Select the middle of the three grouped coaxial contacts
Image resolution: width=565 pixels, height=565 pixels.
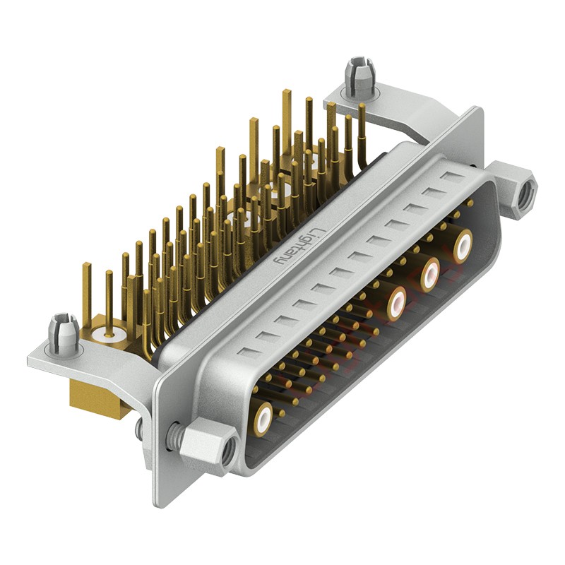(x=430, y=274)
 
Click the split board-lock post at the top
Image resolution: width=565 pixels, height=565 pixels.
(x=359, y=78)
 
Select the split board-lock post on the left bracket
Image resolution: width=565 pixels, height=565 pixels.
(x=63, y=334)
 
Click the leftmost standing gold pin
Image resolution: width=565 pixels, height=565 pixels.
(x=87, y=267)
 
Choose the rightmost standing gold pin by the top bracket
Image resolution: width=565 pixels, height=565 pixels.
(x=362, y=107)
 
